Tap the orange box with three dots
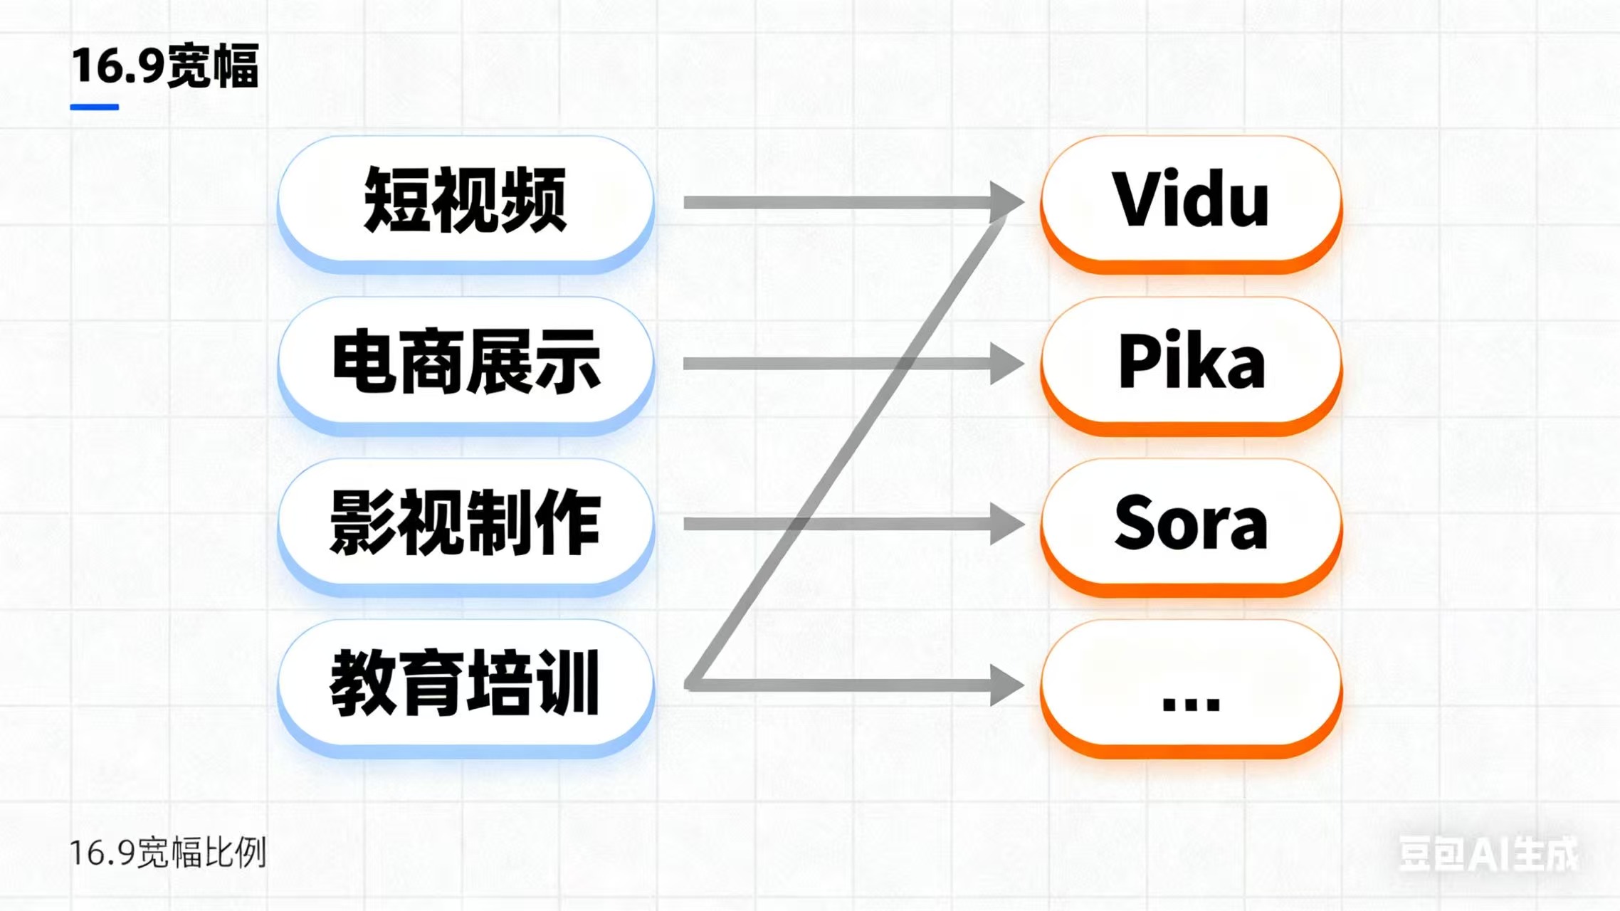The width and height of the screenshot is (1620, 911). pyautogui.click(x=1191, y=685)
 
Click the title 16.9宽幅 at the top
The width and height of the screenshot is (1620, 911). pyautogui.click(x=164, y=66)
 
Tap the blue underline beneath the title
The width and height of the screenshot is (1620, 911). pyautogui.click(x=94, y=107)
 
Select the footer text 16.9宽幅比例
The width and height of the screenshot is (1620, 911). pyautogui.click(x=168, y=853)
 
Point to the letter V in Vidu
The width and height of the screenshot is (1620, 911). pyautogui.click(x=1137, y=200)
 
